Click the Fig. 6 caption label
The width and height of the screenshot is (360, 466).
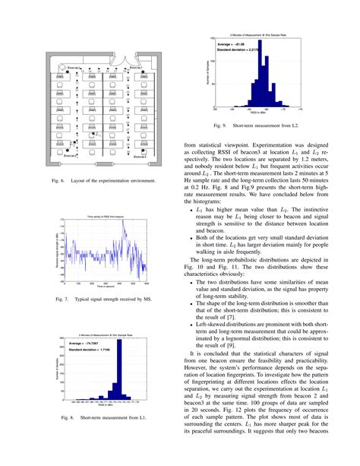[x=56, y=181]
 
